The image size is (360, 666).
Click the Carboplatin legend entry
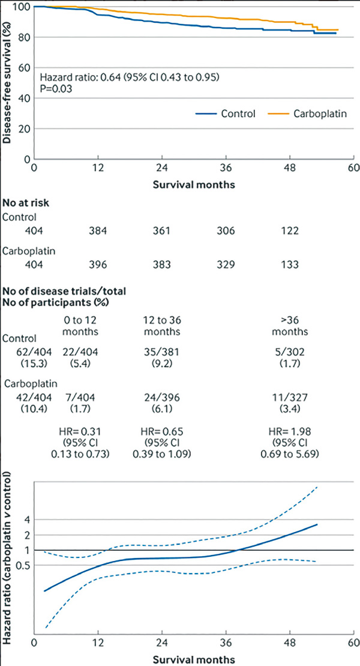click(319, 113)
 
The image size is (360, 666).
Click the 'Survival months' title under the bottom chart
click(193, 659)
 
